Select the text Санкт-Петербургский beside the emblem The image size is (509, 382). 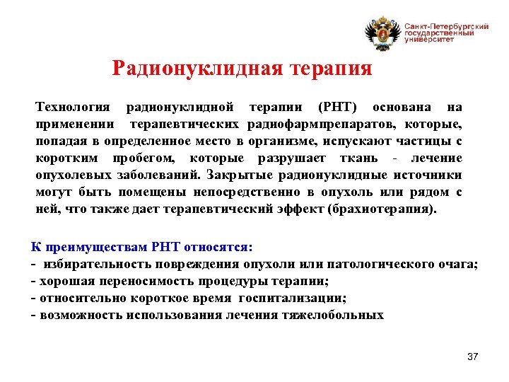click(x=447, y=25)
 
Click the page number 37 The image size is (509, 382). click(x=473, y=357)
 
